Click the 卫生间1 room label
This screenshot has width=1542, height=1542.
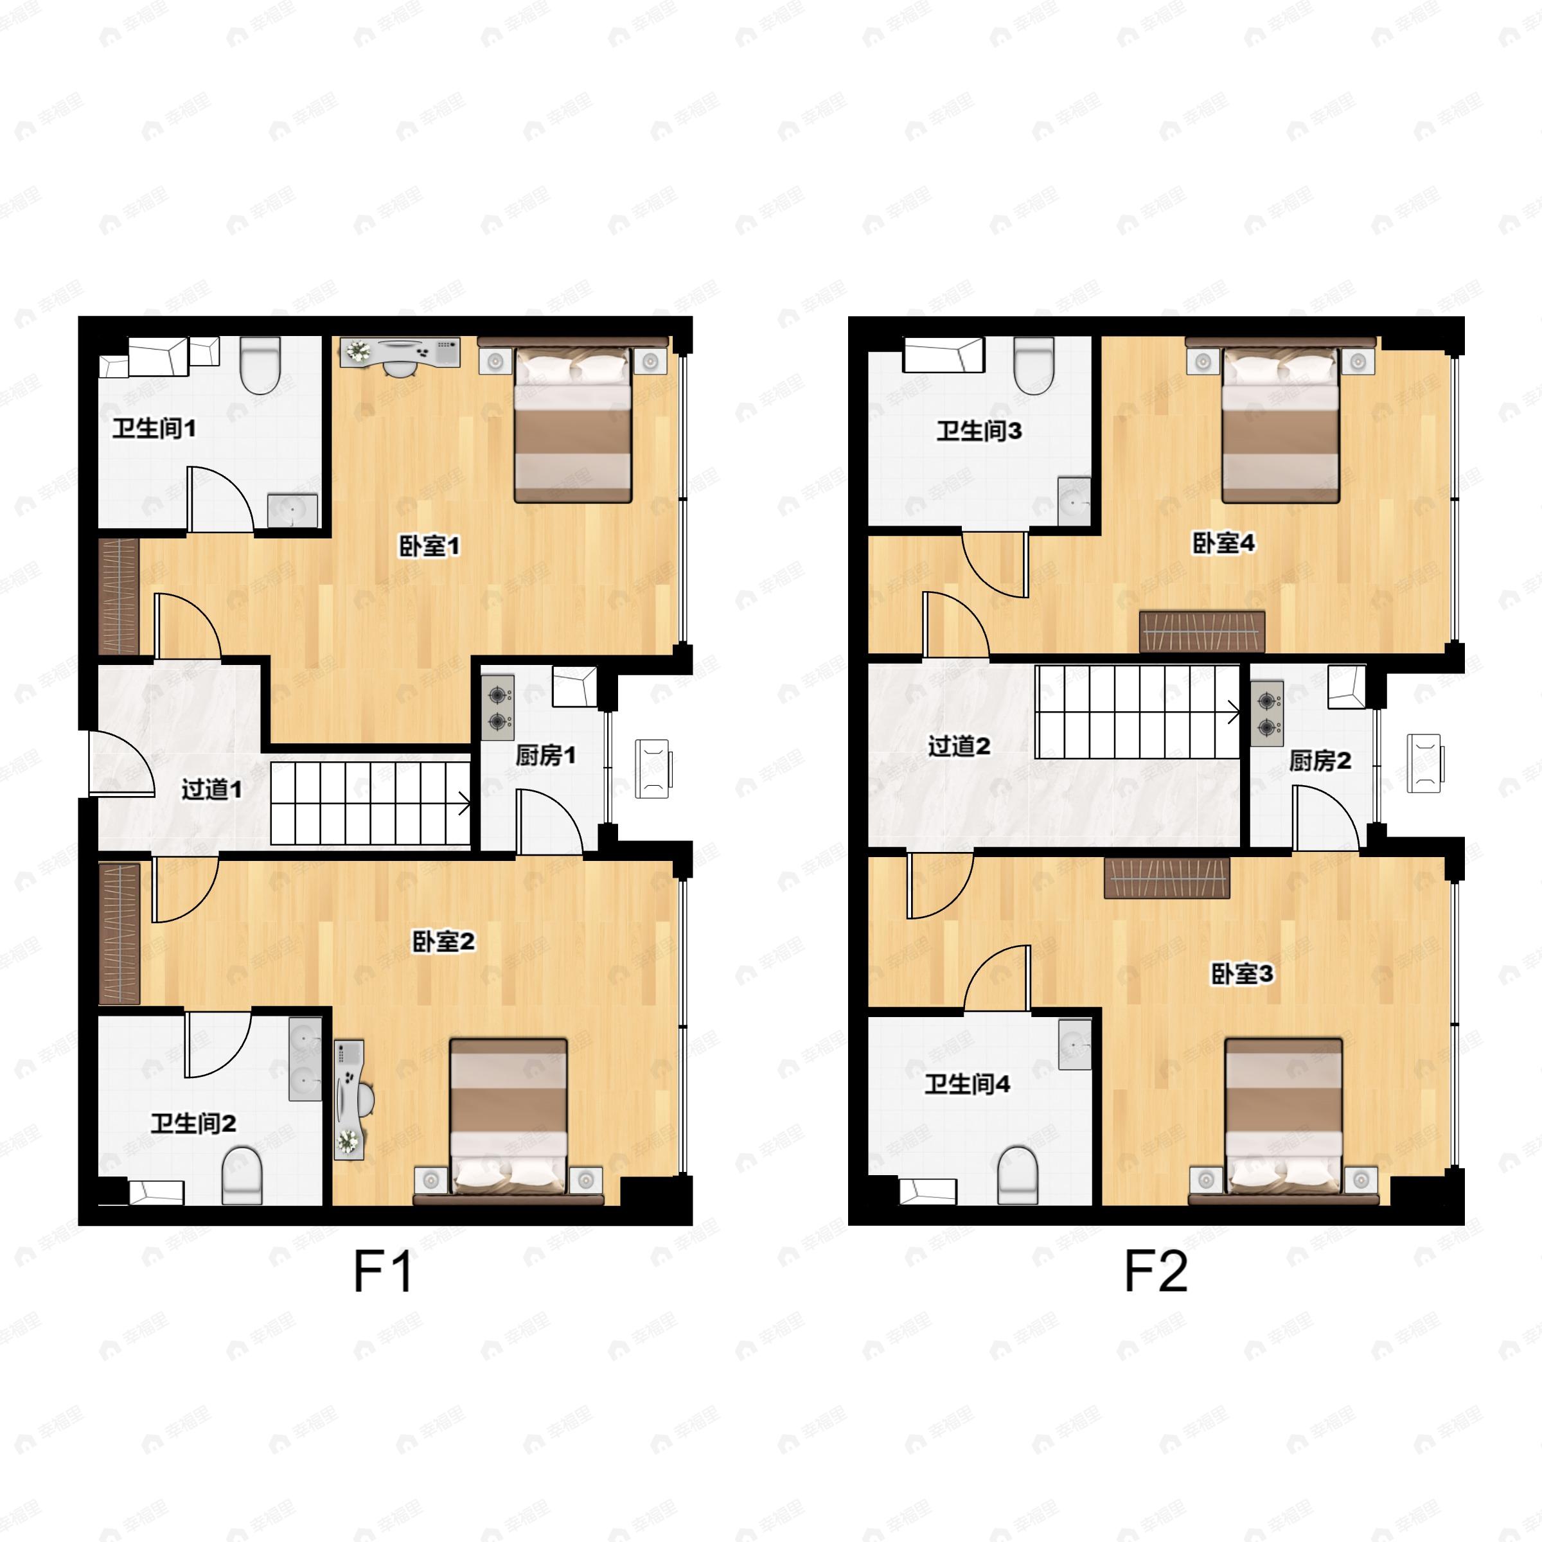154,429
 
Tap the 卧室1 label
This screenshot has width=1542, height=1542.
429,547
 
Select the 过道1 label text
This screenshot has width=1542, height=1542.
211,790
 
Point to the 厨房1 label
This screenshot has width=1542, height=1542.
545,755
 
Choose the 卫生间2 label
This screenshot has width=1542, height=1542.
193,1124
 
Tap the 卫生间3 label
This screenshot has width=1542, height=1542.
979,431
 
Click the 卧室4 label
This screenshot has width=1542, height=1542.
1223,544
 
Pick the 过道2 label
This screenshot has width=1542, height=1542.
959,746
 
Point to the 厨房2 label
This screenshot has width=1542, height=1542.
1320,761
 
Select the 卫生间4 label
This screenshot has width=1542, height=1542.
968,1084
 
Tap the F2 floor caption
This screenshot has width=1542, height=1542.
1156,1272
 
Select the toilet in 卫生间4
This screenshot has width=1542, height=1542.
1018,1175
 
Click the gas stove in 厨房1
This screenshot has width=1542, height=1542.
499,707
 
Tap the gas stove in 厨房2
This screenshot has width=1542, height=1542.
1266,714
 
